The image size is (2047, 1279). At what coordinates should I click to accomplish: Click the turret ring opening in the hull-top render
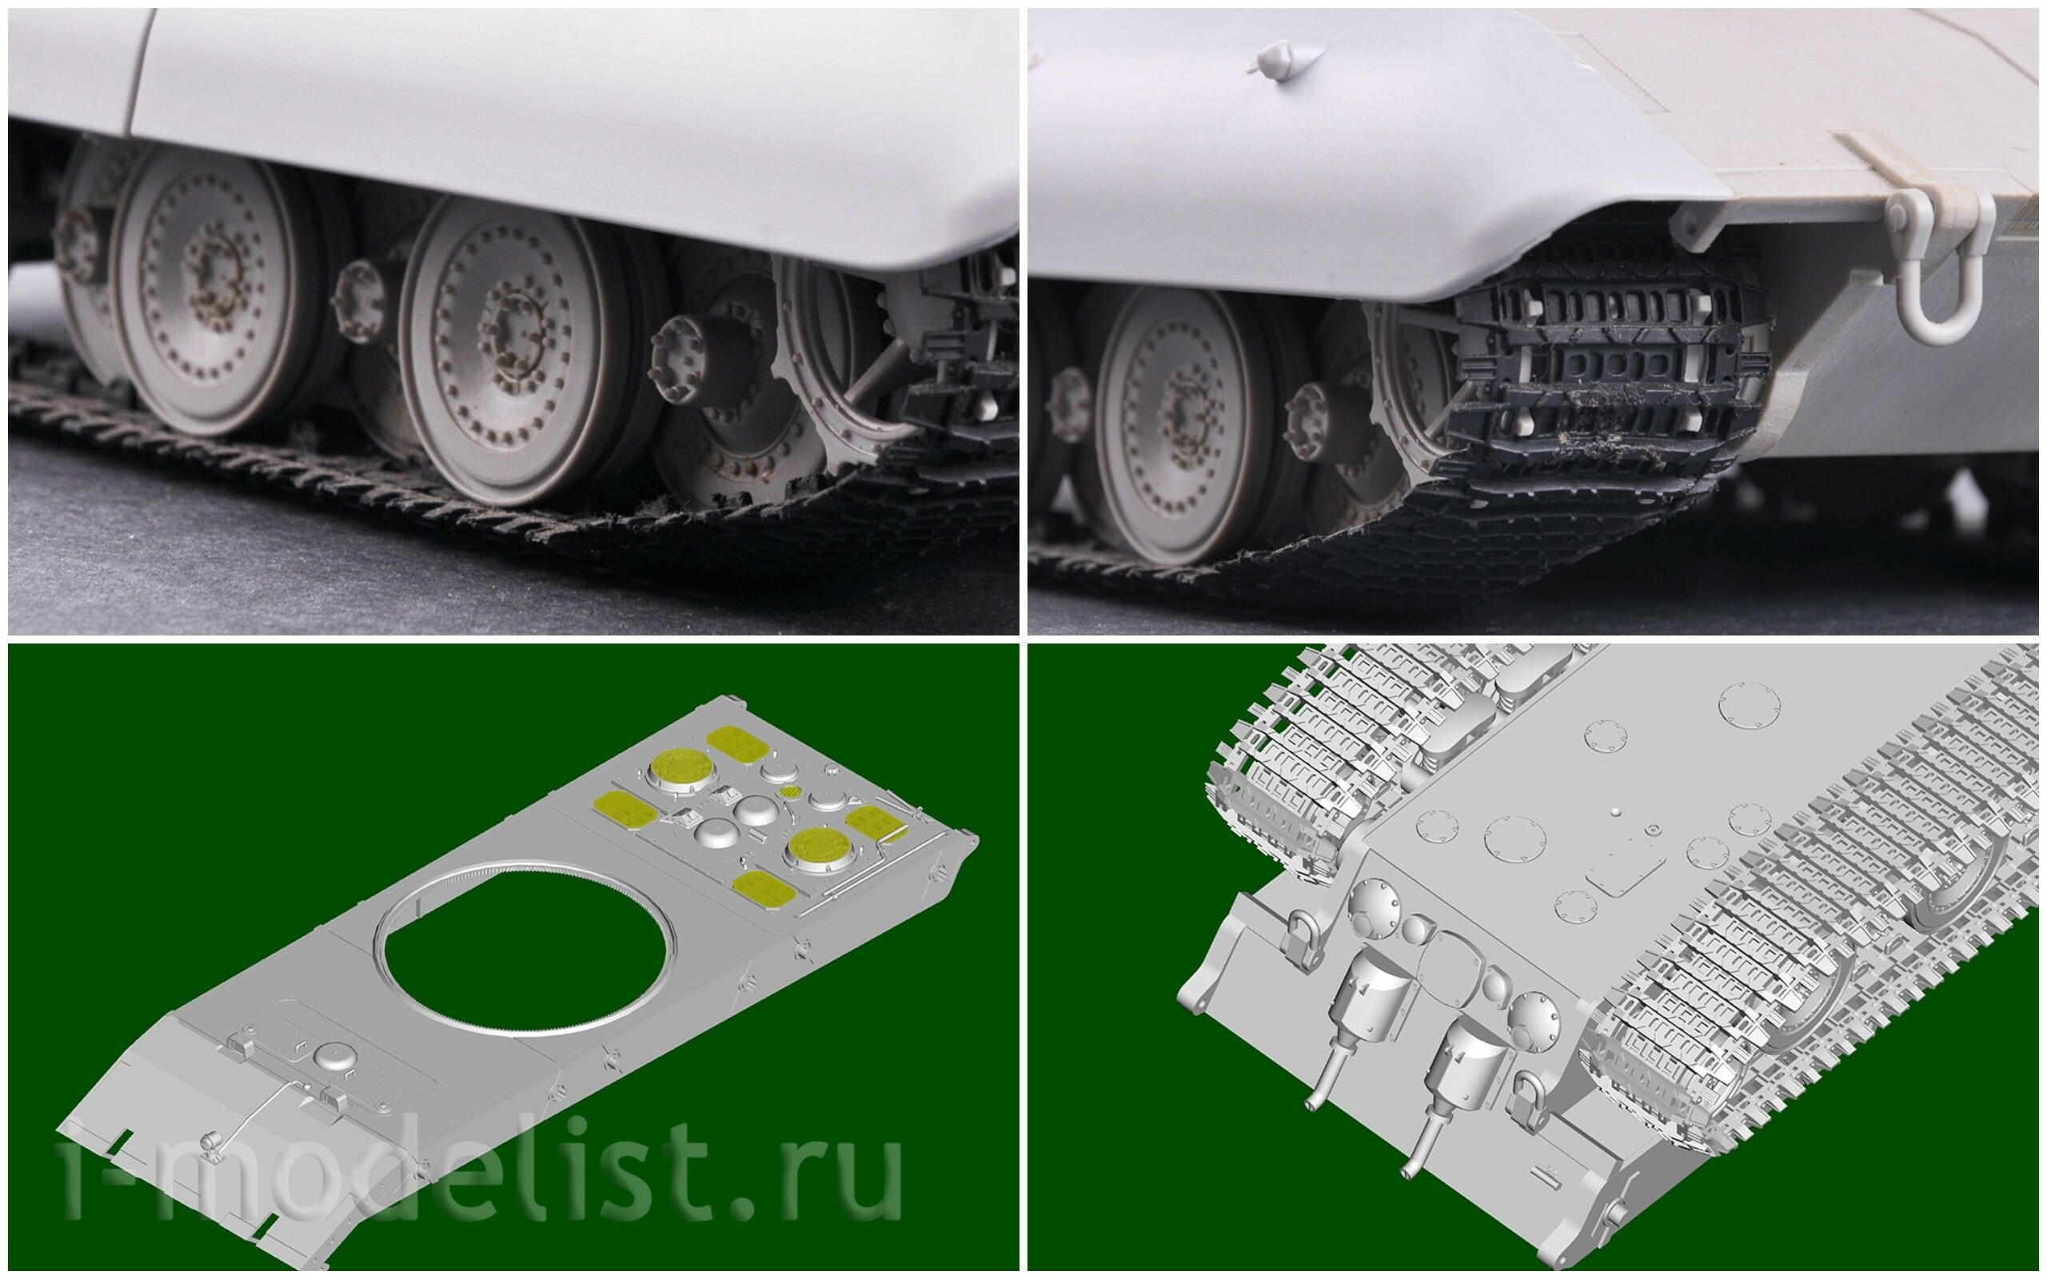(529, 947)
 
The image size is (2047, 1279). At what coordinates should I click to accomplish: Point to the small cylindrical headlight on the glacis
(209, 1144)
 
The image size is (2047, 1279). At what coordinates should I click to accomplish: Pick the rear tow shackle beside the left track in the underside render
(1299, 937)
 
